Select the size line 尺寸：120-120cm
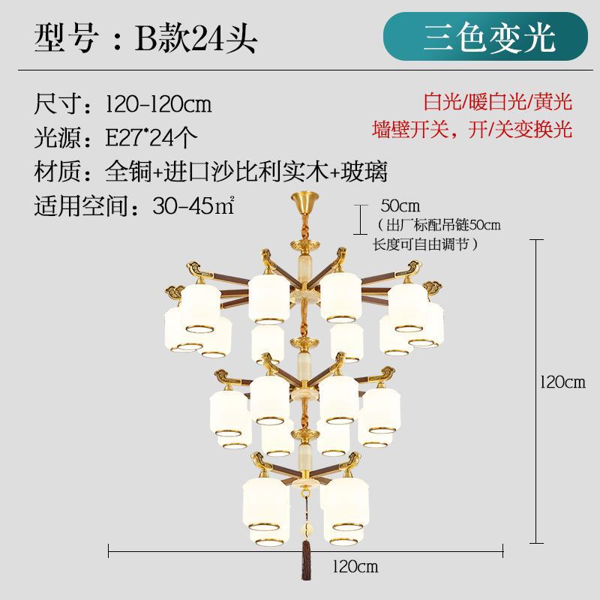[x=123, y=104]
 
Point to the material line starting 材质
[x=211, y=172]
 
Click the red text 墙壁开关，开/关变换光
[x=473, y=130]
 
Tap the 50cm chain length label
[x=398, y=205]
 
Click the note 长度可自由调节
[x=425, y=244]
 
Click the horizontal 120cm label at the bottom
[x=353, y=567]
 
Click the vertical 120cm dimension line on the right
[x=535, y=390]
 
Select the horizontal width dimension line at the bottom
[x=225, y=553]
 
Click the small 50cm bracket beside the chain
[x=359, y=213]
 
